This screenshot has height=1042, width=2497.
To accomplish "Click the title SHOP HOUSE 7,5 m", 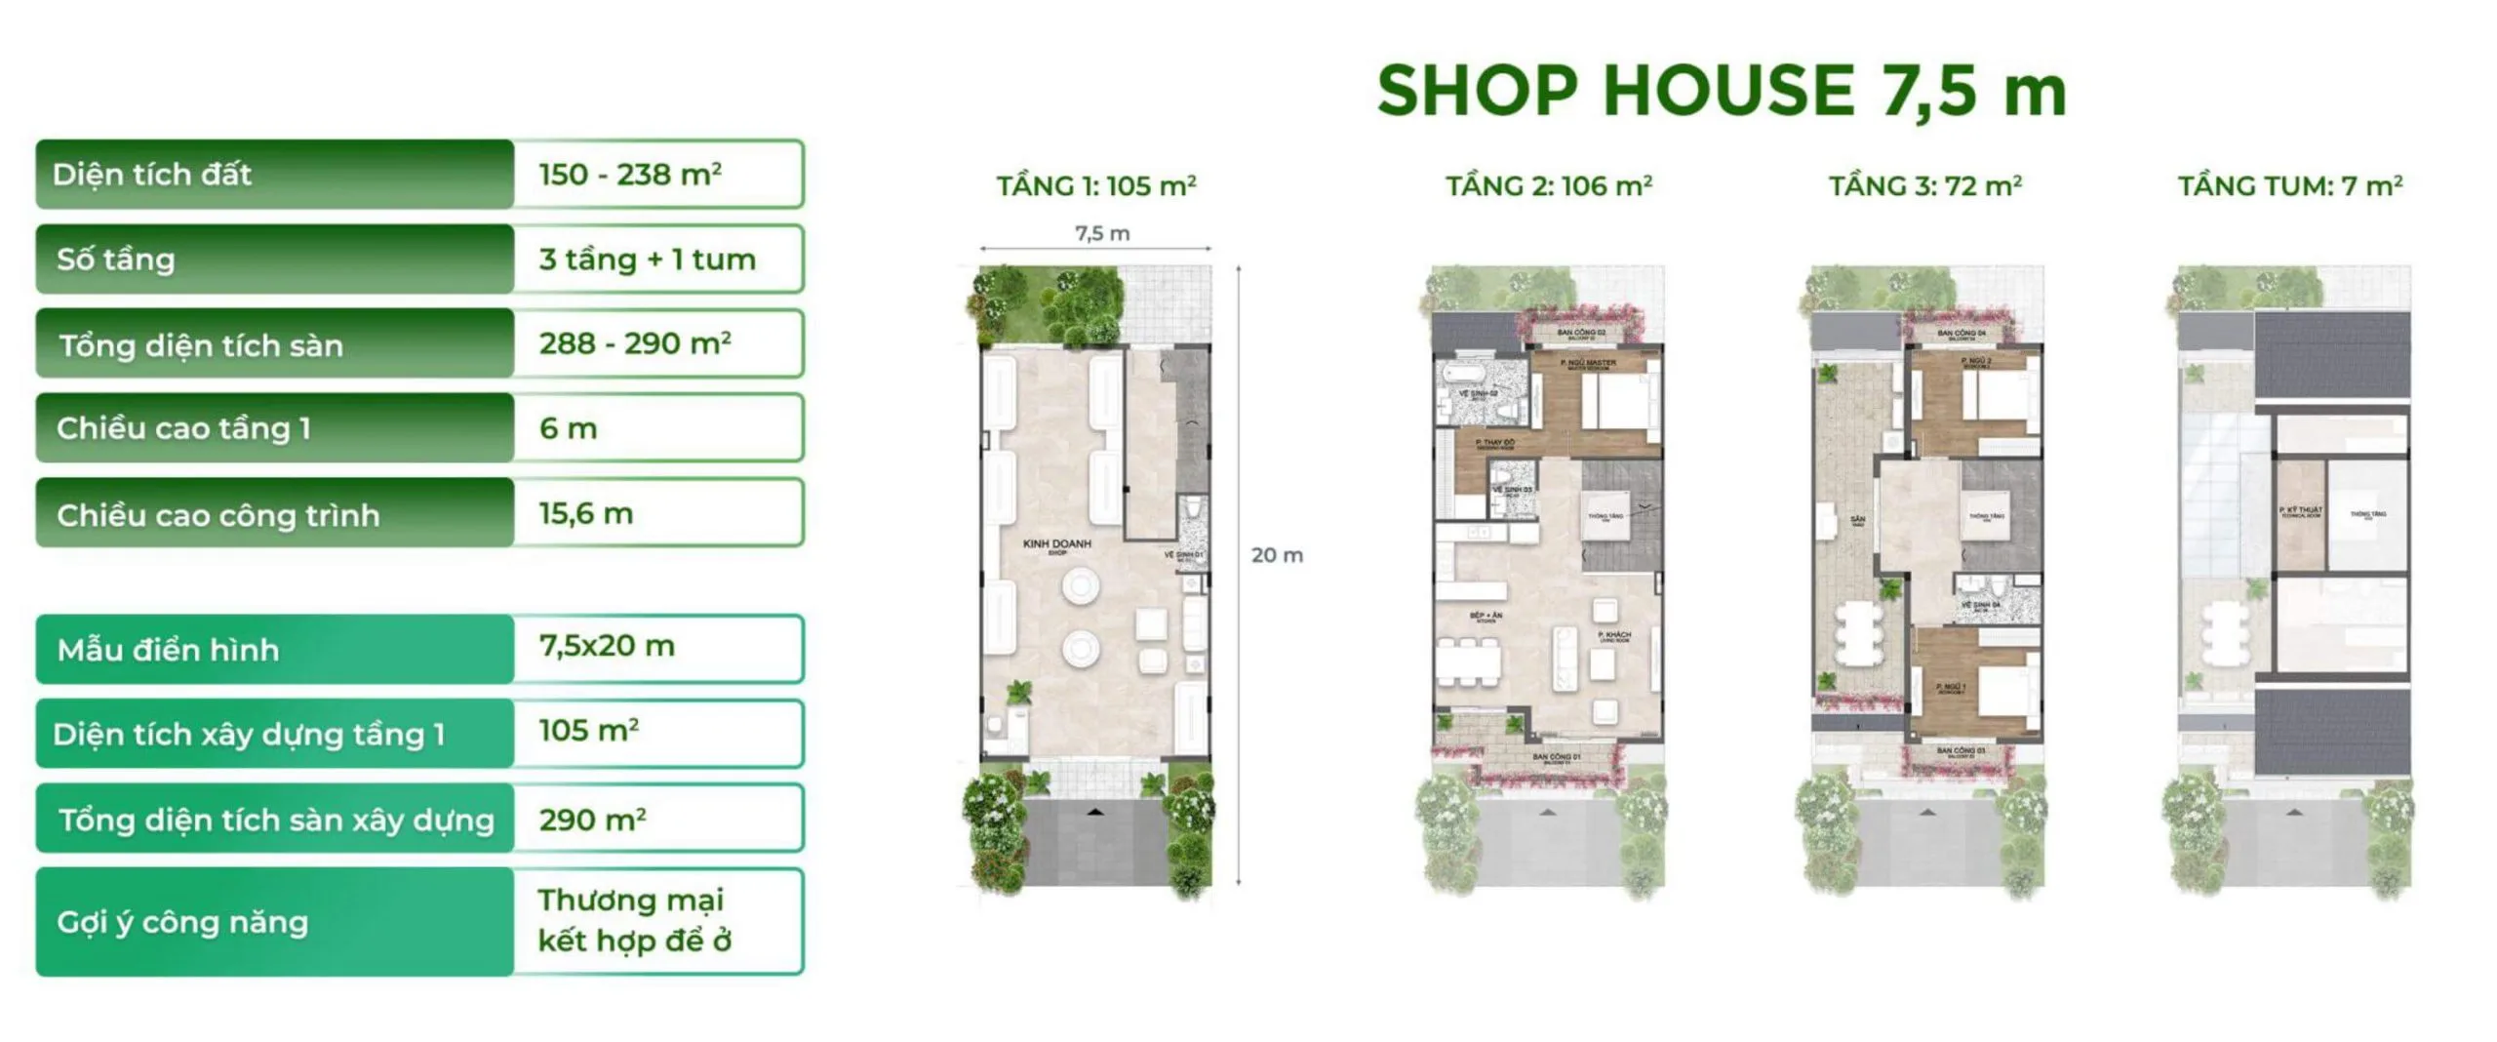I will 1721,91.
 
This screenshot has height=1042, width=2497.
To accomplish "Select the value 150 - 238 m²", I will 630,175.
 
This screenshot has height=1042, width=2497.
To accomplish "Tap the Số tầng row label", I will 116,260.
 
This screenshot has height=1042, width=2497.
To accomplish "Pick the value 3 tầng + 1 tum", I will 647,260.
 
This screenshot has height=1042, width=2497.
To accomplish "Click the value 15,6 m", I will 585,513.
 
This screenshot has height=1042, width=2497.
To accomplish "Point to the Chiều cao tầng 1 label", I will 183,428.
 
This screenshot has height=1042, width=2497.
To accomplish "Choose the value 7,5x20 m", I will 606,646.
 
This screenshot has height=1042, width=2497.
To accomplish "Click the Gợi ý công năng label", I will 182,922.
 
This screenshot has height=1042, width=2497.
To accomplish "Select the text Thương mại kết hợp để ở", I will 634,920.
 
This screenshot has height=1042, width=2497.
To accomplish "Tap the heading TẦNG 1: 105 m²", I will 1095,185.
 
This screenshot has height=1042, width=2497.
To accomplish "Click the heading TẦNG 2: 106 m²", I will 1548,185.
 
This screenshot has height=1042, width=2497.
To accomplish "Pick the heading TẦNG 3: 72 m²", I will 1924,185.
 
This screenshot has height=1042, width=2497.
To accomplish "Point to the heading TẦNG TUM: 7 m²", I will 2290,185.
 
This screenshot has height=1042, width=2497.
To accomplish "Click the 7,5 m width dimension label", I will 1102,233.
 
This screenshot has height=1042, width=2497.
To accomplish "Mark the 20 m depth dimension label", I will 1277,555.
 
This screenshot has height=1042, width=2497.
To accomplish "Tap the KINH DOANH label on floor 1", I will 1056,544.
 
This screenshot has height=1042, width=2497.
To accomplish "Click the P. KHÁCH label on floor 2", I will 1614,636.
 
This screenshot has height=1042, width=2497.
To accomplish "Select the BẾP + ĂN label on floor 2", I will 1486,617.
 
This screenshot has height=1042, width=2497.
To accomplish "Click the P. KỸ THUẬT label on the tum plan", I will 2300,510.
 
